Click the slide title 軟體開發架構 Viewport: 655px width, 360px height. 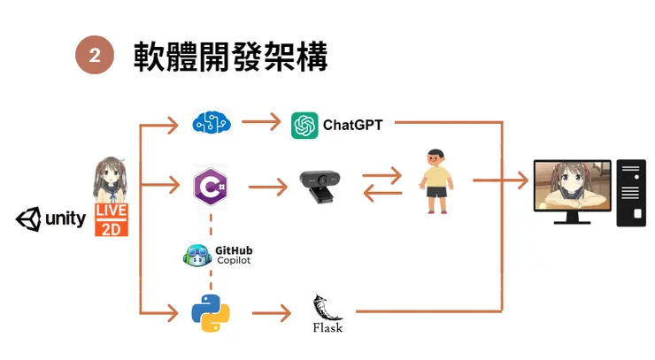pos(231,57)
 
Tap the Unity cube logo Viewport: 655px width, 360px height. pos(28,218)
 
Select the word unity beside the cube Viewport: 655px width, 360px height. pos(65,219)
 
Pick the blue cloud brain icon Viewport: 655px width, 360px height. pos(211,122)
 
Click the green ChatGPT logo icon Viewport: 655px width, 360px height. pos(304,125)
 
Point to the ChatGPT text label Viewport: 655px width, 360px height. pos(352,125)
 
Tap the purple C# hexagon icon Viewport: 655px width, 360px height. pos(211,186)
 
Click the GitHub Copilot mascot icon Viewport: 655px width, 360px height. pos(196,256)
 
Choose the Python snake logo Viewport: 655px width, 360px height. pos(211,312)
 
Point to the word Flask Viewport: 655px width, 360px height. pos(327,328)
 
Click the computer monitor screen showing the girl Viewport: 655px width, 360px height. pos(573,187)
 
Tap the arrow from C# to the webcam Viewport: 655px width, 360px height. pos(268,187)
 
